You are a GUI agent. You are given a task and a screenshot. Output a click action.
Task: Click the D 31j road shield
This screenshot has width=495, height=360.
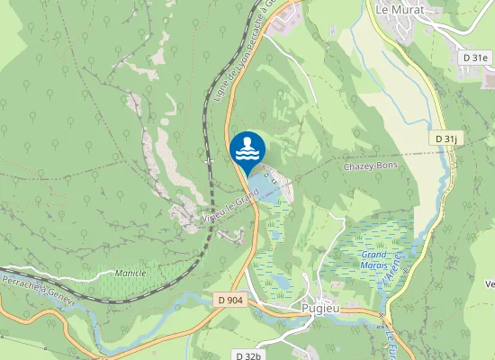pyautogui.click(x=445, y=139)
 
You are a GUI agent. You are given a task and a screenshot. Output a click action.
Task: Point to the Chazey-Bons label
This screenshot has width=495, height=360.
pyautogui.click(x=370, y=166)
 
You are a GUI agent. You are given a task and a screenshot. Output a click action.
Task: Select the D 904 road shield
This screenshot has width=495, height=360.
pyautogui.click(x=231, y=300)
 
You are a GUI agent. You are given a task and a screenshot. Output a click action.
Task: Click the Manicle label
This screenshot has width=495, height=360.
pyautogui.click(x=130, y=272)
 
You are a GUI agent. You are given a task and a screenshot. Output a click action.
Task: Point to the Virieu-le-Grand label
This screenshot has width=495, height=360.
pyautogui.click(x=225, y=208)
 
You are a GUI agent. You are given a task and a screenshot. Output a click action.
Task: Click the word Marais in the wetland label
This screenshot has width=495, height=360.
pyautogui.click(x=372, y=265)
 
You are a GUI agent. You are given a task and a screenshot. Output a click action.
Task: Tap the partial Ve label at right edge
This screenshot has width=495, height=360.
pyautogui.click(x=490, y=284)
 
